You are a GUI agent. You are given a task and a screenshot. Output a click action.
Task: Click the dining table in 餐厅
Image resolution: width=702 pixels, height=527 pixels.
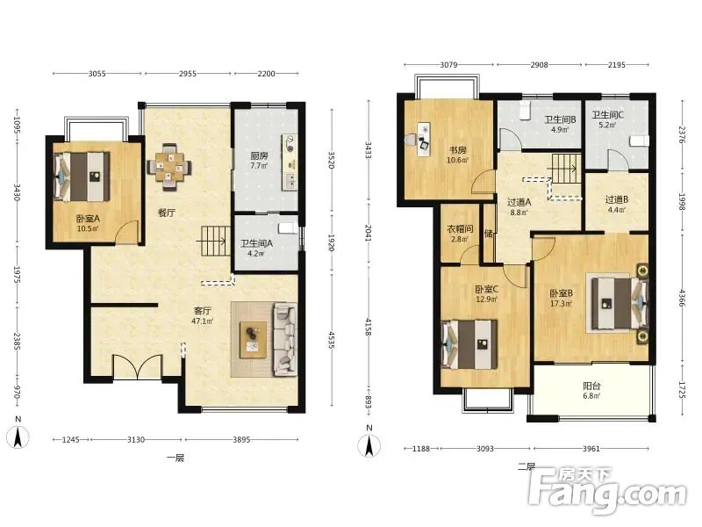tap(169, 167)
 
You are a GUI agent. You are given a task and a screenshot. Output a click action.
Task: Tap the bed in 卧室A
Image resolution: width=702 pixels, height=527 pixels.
tap(82, 177)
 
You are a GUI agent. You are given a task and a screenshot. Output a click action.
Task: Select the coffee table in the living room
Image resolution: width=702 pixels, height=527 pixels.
tap(253, 339)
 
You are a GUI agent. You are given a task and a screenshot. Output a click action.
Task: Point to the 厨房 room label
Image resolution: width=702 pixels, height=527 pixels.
tap(259, 156)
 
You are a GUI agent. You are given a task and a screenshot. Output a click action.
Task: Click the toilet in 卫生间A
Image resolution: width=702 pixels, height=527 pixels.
tap(288, 228)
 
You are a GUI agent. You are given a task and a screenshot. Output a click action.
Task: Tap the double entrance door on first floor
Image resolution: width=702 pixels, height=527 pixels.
tap(137, 367)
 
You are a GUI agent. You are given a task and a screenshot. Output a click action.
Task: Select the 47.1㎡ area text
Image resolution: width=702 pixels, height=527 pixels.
tap(203, 321)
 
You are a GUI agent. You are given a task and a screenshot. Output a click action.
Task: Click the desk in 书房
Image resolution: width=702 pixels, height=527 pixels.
tap(423, 140)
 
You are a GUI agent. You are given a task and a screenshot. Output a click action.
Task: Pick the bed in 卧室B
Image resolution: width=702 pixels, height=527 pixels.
tap(620, 303)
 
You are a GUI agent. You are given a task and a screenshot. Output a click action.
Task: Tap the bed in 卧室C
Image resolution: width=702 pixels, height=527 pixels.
tap(469, 343)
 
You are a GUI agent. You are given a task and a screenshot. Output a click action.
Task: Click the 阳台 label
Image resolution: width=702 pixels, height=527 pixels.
tap(591, 386)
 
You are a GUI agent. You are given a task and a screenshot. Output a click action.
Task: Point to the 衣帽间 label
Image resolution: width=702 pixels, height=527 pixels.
tap(460, 229)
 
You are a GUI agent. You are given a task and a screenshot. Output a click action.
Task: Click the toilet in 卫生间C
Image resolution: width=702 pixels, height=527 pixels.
tap(640, 141)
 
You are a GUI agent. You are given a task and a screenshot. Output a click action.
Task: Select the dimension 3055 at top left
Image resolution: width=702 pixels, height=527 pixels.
tap(97, 74)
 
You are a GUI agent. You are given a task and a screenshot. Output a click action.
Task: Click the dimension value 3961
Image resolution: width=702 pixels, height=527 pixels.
tap(591, 448)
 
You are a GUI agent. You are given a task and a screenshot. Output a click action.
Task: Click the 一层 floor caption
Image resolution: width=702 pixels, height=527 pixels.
tap(175, 458)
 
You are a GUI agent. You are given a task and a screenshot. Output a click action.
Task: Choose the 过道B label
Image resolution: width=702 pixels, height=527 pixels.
tap(617, 199)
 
